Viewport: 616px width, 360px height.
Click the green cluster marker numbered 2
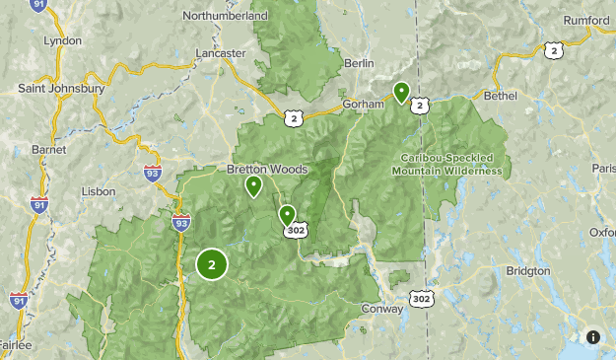(x=212, y=264)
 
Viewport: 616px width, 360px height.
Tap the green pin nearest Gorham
(x=401, y=93)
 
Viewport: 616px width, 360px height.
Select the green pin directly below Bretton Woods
(x=253, y=185)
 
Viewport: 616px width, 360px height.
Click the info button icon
(x=592, y=337)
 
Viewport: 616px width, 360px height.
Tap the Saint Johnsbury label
(x=62, y=88)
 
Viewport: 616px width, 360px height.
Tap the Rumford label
(x=588, y=20)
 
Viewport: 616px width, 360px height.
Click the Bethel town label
(x=501, y=96)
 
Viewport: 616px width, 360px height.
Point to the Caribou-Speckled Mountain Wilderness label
(x=451, y=164)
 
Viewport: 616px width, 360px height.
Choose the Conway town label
(x=382, y=309)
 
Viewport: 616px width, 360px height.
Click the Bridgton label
(x=528, y=270)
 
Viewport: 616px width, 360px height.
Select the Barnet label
(x=47, y=149)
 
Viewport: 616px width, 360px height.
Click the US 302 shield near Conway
(x=422, y=298)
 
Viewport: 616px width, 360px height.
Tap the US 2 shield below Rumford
(x=556, y=50)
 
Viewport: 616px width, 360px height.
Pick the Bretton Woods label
(x=268, y=170)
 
